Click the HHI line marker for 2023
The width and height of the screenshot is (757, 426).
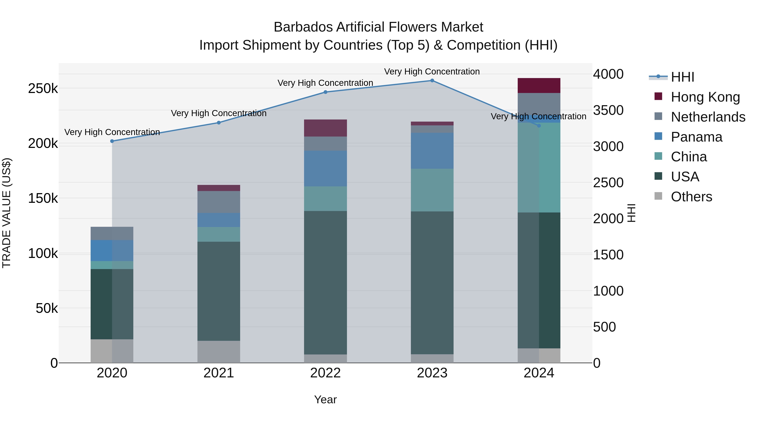[x=432, y=81]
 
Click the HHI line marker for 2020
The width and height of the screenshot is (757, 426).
[x=112, y=141]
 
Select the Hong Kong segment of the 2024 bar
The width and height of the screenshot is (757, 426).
[x=539, y=86]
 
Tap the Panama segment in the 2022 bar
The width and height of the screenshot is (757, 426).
[x=325, y=169]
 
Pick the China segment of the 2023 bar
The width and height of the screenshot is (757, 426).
[x=432, y=190]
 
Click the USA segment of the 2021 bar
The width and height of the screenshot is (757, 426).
[x=219, y=291]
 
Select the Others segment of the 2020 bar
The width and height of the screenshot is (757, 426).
[x=112, y=351]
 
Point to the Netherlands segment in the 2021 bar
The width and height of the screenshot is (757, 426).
[x=219, y=202]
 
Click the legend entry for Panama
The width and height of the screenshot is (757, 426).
[x=696, y=137]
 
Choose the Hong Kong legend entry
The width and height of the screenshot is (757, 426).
[x=705, y=97]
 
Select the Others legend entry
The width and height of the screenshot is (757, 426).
[x=691, y=197]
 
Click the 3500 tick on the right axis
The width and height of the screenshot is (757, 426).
[x=608, y=110]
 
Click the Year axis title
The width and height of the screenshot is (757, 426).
[x=325, y=399]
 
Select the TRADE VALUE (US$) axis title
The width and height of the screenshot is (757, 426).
[x=7, y=213]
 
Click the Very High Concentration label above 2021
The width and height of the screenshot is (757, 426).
[x=219, y=113]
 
